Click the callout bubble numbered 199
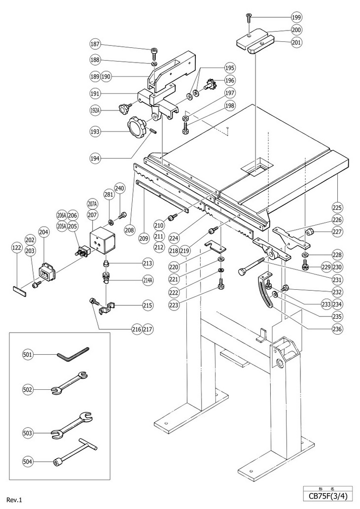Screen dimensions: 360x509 click(296, 17)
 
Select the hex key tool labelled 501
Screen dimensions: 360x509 click(73, 353)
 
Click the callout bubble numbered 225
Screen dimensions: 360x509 click(338, 207)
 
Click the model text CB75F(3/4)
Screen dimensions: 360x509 click(328, 497)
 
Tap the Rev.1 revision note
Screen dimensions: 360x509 click(15, 500)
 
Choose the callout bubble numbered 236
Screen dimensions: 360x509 click(338, 329)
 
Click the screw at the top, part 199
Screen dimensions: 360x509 click(249, 17)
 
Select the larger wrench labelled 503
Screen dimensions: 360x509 click(72, 426)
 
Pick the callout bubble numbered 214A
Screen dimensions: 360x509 click(147, 280)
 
